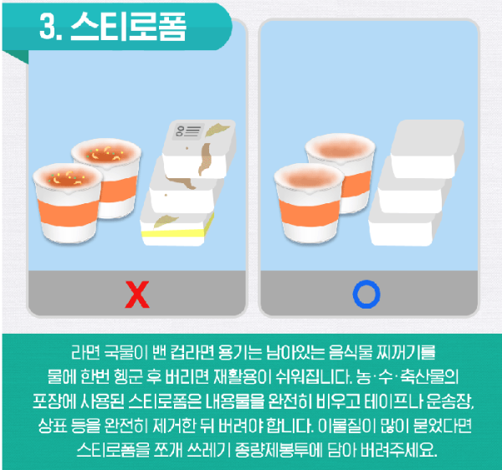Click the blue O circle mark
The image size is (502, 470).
coord(366,294)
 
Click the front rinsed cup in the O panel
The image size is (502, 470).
coord(309,206)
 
